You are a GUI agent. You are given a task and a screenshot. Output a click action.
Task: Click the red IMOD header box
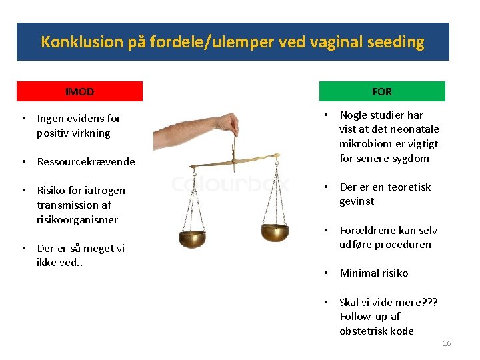tap(79, 91)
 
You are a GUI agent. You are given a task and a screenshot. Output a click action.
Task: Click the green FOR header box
tap(381, 91)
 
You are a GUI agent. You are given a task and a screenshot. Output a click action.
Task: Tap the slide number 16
tap(446, 343)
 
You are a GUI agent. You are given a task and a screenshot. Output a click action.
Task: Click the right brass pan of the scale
tap(274, 232)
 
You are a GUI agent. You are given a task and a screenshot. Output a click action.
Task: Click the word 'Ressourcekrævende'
tap(86, 161)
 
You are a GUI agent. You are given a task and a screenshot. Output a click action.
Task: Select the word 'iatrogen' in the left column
tap(105, 191)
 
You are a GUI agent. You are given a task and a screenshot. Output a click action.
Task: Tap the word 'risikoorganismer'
tap(77, 219)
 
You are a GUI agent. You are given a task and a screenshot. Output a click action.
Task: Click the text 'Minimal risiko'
tap(373, 273)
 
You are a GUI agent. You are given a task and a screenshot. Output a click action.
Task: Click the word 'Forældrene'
tap(369, 230)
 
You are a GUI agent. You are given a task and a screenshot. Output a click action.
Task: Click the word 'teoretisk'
tap(409, 187)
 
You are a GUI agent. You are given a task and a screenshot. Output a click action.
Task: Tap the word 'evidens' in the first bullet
tap(85, 119)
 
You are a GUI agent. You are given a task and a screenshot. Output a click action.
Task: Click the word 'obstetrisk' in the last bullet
tap(365, 331)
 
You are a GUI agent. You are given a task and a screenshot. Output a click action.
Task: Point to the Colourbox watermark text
tap(230, 183)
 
